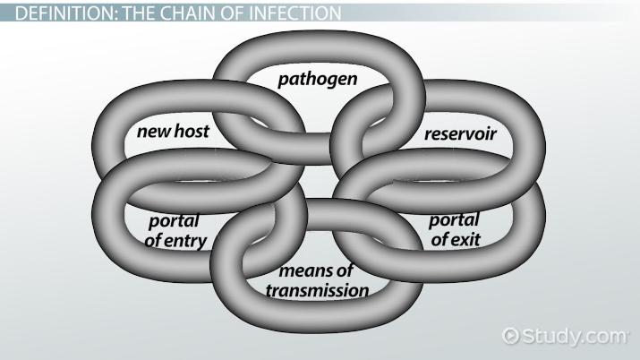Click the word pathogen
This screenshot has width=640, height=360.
(317, 80)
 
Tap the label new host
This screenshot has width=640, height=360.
(173, 133)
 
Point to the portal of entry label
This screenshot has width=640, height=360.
(175, 230)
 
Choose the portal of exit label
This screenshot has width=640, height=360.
(454, 229)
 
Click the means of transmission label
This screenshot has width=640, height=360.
(317, 281)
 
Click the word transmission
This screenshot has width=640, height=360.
(317, 290)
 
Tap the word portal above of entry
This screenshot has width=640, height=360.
(174, 220)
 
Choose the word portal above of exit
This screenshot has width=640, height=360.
(454, 220)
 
